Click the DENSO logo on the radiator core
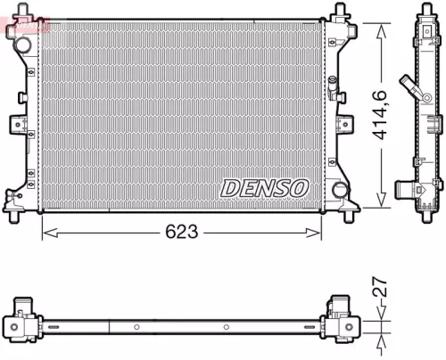(x=263, y=188)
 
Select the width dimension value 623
(x=182, y=233)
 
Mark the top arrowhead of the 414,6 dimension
(x=383, y=29)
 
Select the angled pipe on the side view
(x=411, y=89)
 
